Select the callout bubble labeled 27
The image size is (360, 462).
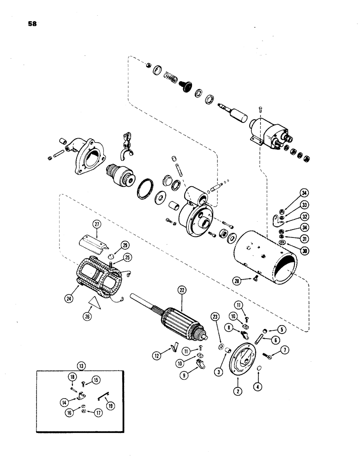click(97, 225)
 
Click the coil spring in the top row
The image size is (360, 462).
click(170, 76)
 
